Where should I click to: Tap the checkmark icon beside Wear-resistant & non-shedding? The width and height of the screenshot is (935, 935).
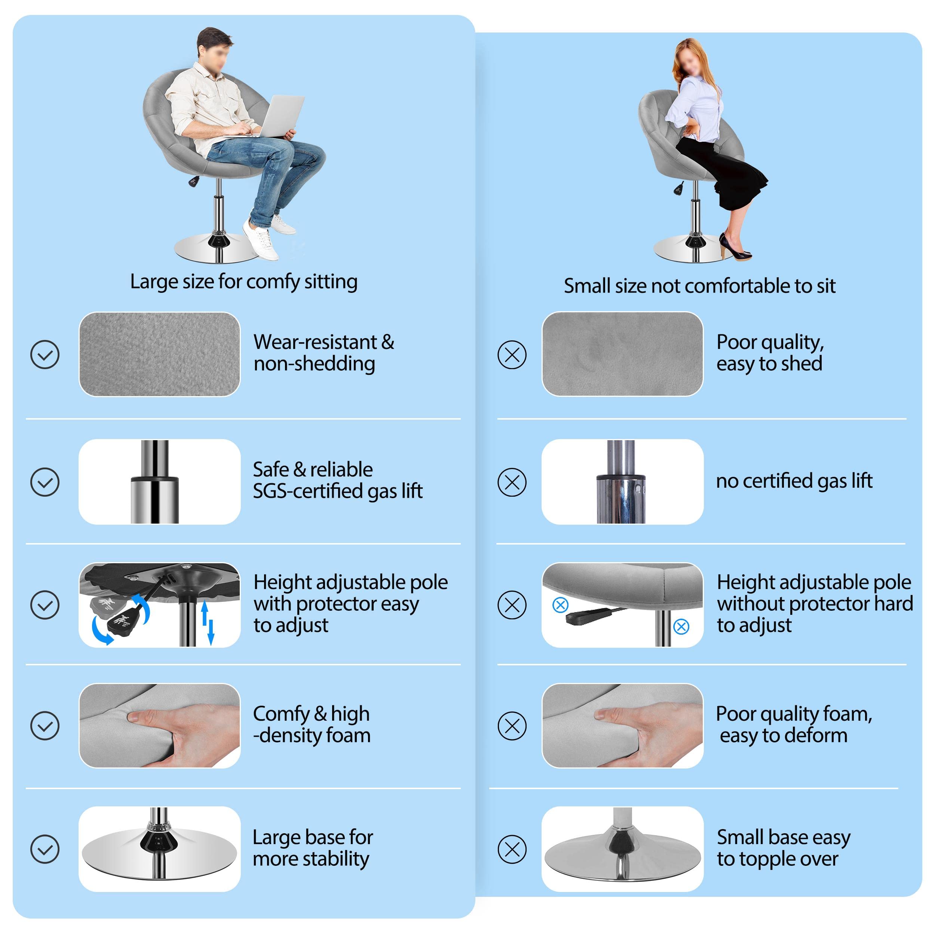45,354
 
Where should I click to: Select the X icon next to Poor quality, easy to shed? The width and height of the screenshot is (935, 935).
512,354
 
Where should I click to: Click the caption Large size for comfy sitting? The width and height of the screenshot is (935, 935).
244,282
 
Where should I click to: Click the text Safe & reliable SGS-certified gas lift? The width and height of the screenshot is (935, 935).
338,480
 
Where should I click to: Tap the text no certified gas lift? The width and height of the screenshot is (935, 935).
794,481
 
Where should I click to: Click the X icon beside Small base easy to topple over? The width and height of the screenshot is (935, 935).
512,849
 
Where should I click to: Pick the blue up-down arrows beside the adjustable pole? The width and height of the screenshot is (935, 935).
207,622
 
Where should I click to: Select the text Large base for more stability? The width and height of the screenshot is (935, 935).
313,848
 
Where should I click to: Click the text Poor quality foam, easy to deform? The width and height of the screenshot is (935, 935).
794,724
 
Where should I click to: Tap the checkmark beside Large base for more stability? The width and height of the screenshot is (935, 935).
45,849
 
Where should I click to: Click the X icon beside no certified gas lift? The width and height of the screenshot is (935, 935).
512,482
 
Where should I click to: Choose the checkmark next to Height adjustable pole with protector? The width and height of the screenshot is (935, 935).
45,604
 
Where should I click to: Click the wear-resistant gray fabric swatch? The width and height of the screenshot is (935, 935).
160,354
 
